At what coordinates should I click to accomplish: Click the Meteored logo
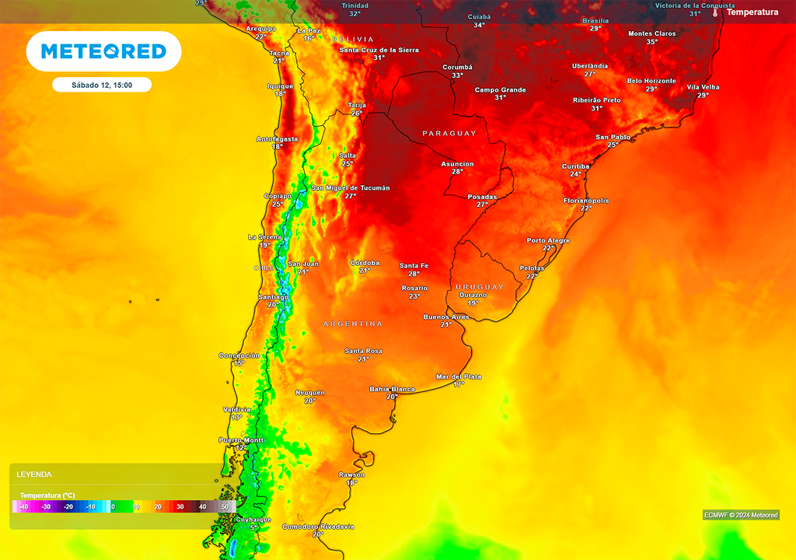[x=103, y=51]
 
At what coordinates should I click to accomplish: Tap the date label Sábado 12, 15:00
[x=102, y=86]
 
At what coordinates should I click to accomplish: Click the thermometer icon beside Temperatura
[x=715, y=12]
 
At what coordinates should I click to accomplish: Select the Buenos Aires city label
[x=446, y=317]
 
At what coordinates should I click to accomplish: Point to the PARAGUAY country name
[x=449, y=134]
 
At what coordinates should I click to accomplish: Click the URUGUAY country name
[x=480, y=287]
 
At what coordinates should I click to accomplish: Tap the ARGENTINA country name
[x=353, y=324]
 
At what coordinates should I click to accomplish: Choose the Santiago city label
[x=273, y=296]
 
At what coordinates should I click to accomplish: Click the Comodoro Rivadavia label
[x=318, y=527]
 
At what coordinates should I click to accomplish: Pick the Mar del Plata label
[x=459, y=376]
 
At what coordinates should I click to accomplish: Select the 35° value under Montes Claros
[x=651, y=42]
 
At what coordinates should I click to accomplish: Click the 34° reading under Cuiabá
[x=480, y=25]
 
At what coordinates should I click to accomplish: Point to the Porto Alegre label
[x=548, y=240]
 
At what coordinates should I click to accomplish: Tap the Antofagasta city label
[x=277, y=138]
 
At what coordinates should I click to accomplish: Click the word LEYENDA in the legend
[x=34, y=474]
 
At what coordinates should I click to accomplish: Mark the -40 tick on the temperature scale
[x=23, y=506]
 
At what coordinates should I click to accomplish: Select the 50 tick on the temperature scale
[x=225, y=506]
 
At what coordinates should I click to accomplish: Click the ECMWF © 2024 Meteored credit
[x=740, y=515]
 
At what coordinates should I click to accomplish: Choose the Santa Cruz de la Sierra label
[x=379, y=50]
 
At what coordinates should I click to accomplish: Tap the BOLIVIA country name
[x=353, y=39]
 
